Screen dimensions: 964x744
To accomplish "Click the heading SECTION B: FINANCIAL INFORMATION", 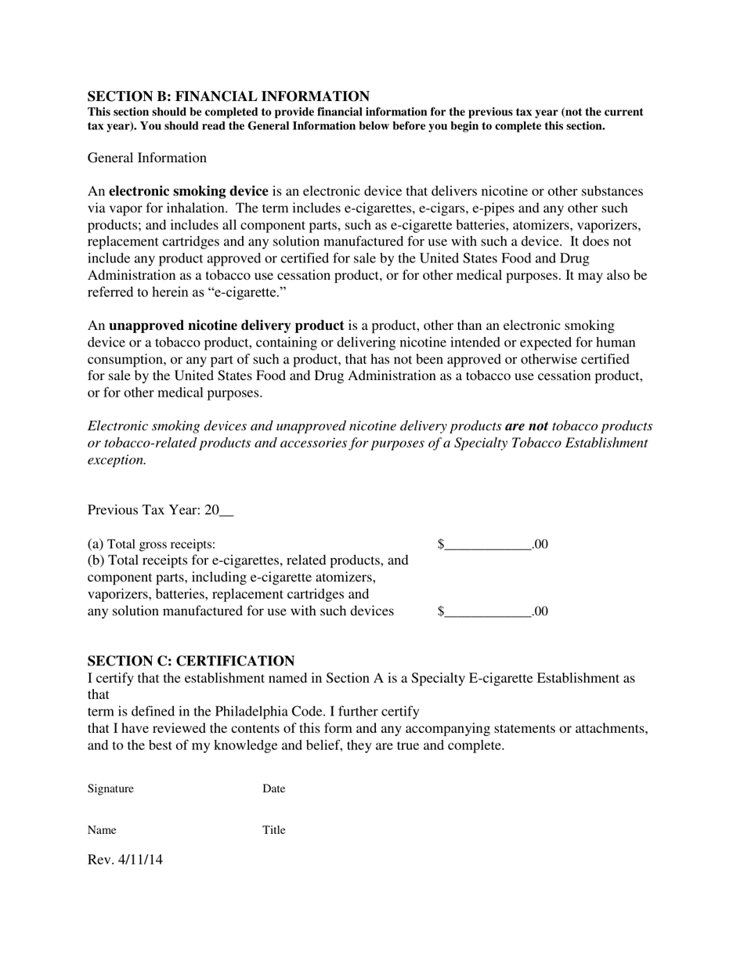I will click(x=228, y=96).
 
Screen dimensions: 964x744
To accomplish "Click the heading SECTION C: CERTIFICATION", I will click(x=191, y=661).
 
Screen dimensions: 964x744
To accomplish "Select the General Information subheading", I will click(x=147, y=158).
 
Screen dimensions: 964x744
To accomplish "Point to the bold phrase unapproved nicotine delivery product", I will click(x=226, y=325).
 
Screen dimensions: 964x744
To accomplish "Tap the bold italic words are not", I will click(x=526, y=426).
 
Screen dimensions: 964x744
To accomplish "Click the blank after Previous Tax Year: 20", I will click(x=226, y=511).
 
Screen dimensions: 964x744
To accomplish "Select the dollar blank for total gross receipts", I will click(x=488, y=544).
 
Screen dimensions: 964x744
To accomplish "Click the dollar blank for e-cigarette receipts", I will click(x=488, y=611).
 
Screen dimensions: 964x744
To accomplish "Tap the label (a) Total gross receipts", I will click(x=152, y=544).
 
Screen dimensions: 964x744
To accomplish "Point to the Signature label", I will click(x=110, y=789).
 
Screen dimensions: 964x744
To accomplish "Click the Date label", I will click(x=273, y=789).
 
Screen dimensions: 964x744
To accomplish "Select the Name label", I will click(x=102, y=830).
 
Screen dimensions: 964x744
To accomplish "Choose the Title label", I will click(x=273, y=830).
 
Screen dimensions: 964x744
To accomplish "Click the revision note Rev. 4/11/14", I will click(x=125, y=860).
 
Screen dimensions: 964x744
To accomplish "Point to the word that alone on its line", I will click(x=98, y=695).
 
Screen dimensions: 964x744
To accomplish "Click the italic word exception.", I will click(x=117, y=460).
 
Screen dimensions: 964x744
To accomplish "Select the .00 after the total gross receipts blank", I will click(x=540, y=544).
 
